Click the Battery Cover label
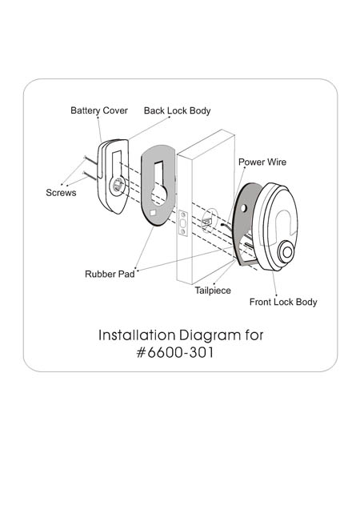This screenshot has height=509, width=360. point(99,110)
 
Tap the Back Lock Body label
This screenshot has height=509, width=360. point(178,110)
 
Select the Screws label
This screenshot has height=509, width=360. point(61,193)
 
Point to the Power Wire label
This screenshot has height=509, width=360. point(262,162)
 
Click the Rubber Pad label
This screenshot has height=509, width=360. point(110,274)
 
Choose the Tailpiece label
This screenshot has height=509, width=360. point(213,291)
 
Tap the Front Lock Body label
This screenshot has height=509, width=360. point(283,302)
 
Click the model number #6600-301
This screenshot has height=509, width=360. point(175,352)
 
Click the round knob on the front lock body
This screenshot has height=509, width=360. point(286,252)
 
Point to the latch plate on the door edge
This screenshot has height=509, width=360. point(183,223)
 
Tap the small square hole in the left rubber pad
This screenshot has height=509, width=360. point(153,213)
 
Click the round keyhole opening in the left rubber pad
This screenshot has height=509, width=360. point(159,194)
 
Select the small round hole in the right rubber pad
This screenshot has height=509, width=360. point(244,208)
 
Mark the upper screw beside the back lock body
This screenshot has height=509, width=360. point(90,160)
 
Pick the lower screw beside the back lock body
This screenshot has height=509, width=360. point(90,176)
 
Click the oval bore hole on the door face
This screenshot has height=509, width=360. point(210,220)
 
